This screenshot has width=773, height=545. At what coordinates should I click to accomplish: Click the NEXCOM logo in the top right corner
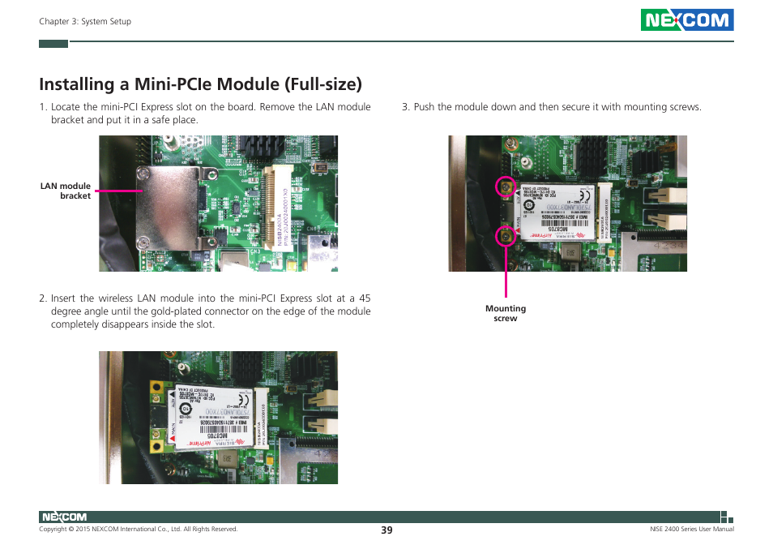[686, 20]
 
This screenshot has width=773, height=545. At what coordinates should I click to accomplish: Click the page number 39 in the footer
[386, 530]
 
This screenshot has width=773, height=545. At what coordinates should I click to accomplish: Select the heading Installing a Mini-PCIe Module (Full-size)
[200, 84]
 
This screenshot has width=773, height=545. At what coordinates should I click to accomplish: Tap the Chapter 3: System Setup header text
[85, 21]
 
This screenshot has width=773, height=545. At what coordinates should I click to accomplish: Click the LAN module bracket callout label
[66, 191]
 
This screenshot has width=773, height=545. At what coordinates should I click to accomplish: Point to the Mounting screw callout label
[506, 313]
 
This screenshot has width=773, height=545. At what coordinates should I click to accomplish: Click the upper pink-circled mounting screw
[506, 187]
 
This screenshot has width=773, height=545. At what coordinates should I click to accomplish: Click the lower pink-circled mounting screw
[506, 236]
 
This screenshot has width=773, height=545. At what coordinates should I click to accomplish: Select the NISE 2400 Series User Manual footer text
[692, 530]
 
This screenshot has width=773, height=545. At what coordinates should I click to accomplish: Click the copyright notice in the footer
[139, 530]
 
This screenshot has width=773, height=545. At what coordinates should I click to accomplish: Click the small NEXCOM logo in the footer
[63, 517]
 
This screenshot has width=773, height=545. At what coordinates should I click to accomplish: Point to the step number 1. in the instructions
[43, 107]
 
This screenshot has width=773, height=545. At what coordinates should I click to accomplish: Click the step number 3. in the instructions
[406, 107]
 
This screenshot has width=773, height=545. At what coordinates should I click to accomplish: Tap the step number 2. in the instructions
[43, 298]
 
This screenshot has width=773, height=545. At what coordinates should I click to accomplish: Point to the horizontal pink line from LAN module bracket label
[118, 191]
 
